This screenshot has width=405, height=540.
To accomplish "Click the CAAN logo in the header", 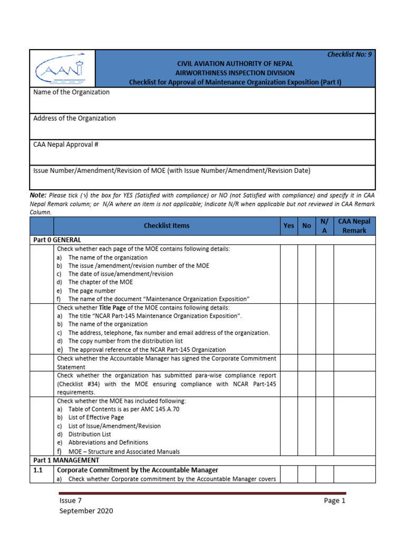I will (62, 69).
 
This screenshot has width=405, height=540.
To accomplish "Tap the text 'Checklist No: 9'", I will (350, 54).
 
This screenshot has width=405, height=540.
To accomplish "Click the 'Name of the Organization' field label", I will (71, 92).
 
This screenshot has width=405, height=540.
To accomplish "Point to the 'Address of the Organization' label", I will (74, 119).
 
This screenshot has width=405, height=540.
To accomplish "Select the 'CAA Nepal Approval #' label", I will (66, 144).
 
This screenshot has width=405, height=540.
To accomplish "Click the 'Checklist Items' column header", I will (167, 226).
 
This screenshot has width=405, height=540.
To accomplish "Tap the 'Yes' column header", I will (289, 226).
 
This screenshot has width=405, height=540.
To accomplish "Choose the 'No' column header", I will (306, 226).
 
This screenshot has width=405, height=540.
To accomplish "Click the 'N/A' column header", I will (324, 226).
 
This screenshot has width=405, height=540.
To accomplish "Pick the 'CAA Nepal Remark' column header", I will (354, 226).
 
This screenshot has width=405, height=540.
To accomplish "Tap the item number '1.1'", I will (38, 470).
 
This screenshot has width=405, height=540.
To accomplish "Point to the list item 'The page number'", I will (92, 291).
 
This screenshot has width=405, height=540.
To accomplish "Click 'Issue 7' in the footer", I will (71, 500).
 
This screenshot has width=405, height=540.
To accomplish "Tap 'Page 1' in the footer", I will (334, 500).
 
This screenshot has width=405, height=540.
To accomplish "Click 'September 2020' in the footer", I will (86, 511).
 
